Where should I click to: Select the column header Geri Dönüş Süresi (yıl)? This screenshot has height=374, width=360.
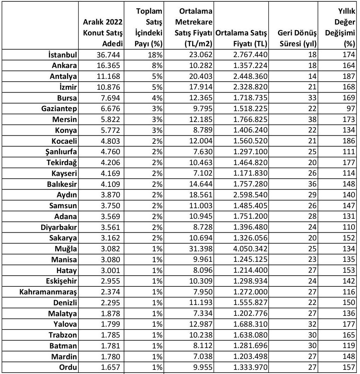297,39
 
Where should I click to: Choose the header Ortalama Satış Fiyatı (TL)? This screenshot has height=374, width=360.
242,39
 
